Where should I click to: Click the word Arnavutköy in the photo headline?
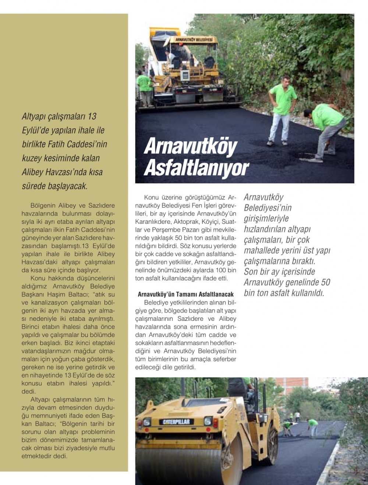[x=191, y=146]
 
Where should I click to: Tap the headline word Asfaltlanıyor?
[x=196, y=168]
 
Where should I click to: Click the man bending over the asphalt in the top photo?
[x=326, y=129]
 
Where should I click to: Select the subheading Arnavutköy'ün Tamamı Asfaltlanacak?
[x=185, y=295]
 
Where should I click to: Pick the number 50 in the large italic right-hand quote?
[x=325, y=282]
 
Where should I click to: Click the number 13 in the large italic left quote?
[x=92, y=116]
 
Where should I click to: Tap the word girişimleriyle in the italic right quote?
[x=266, y=218]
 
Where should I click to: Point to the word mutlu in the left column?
[x=106, y=448]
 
